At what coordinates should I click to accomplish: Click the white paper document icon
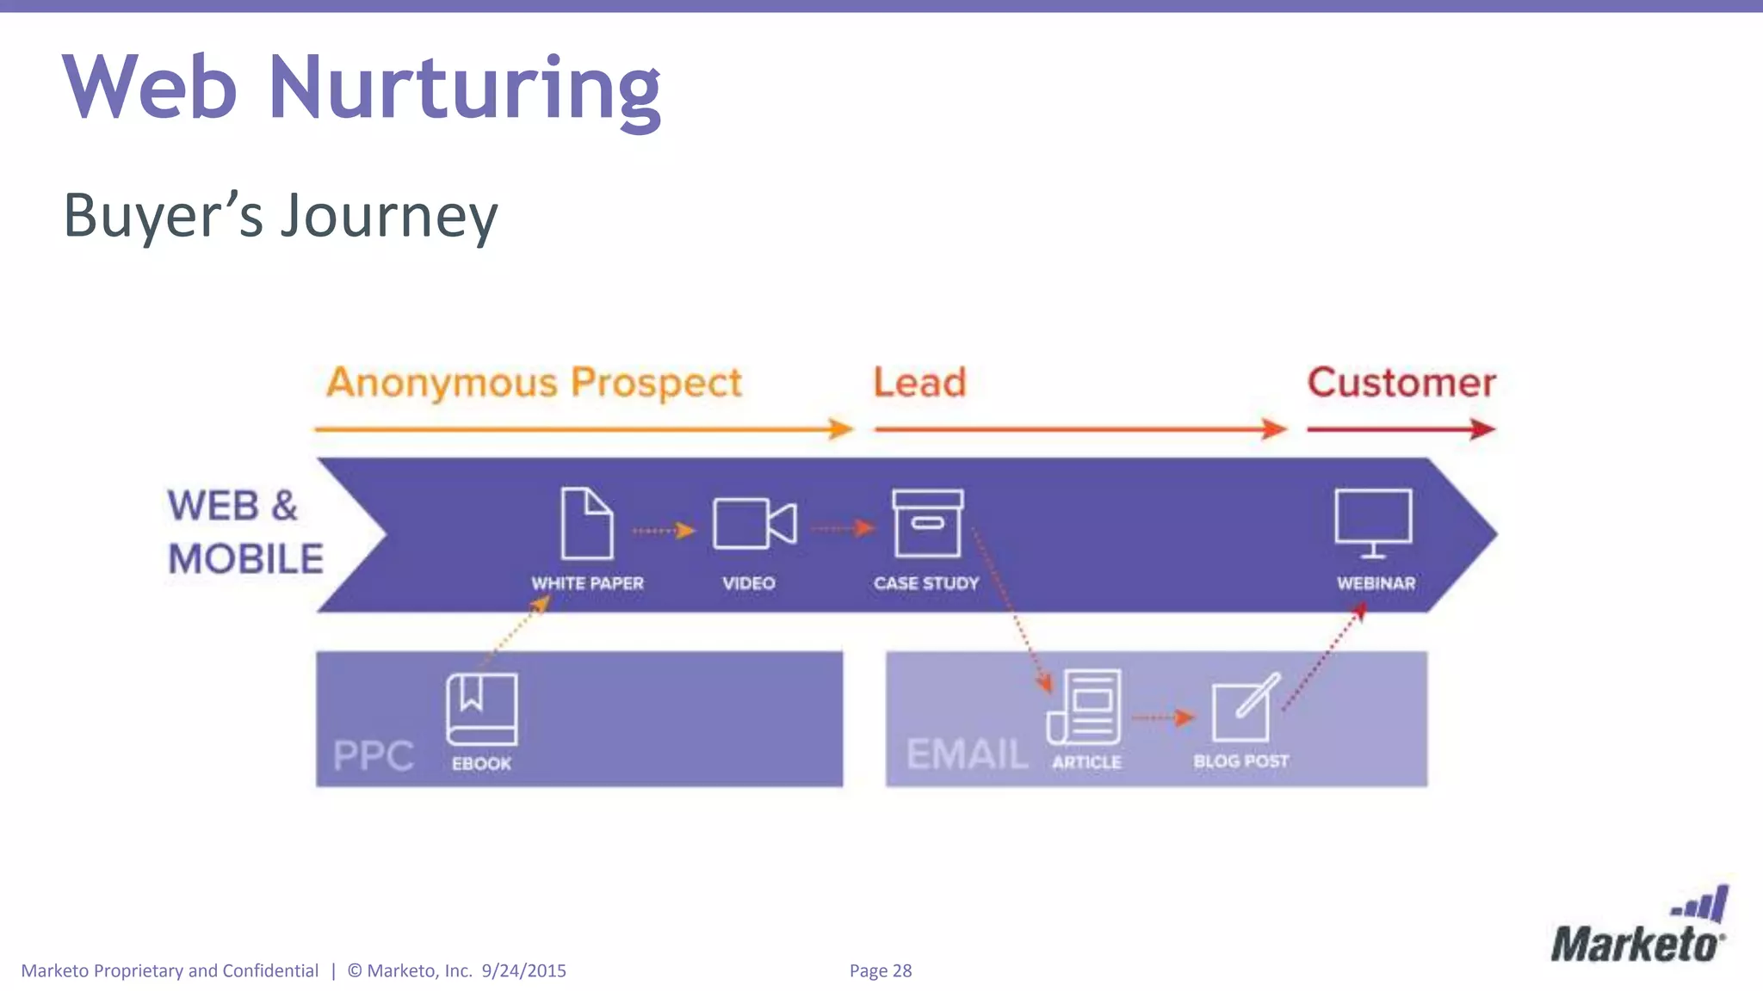tap(587, 523)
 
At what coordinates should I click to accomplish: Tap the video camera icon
tap(754, 523)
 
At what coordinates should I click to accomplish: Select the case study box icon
tap(927, 523)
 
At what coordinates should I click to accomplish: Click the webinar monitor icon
tap(1373, 521)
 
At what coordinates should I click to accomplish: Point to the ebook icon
tap(481, 709)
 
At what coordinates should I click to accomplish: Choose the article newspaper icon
tap(1085, 707)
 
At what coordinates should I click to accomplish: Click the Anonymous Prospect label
tap(534, 383)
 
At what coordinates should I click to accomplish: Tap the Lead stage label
tap(919, 383)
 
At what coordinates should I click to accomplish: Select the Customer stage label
tap(1401, 383)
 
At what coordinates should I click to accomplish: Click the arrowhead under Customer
tap(1482, 428)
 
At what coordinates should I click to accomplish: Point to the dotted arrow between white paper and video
tap(663, 531)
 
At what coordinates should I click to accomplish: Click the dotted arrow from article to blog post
tap(1163, 717)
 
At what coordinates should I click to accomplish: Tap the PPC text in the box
tap(374, 756)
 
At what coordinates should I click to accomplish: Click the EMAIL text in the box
tap(967, 754)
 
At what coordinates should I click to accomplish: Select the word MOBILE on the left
tap(245, 559)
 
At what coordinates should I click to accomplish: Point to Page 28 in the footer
tap(880, 970)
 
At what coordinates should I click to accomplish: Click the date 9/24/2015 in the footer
tap(523, 970)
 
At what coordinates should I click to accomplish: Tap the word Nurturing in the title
tap(465, 89)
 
